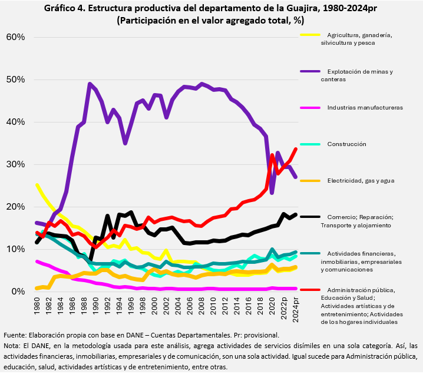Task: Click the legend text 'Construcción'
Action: [x=347, y=144]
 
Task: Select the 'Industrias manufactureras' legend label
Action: [x=365, y=108]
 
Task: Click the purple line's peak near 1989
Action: [x=90, y=84]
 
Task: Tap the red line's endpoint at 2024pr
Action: [x=296, y=149]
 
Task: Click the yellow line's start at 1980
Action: [x=37, y=185]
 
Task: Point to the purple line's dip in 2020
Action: [x=272, y=193]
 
